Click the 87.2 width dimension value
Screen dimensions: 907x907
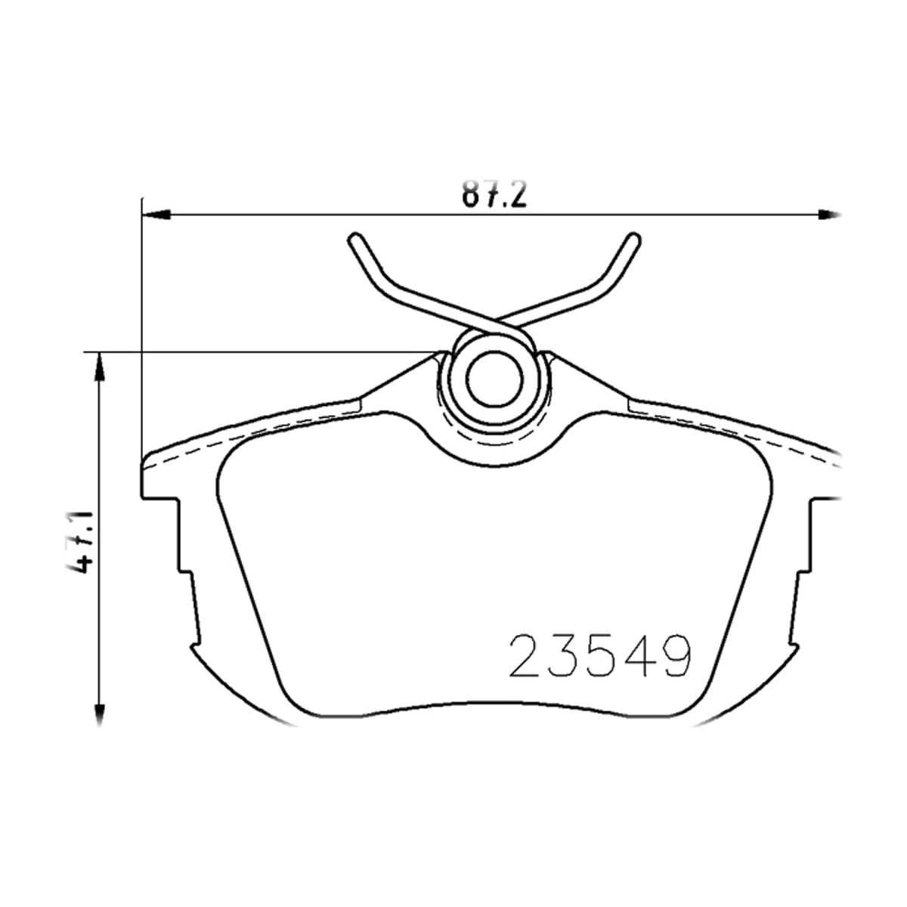tap(494, 193)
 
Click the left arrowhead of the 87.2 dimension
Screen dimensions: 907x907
tap(156, 215)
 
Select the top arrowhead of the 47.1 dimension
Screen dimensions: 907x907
tap(99, 365)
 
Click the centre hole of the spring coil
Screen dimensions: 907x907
tap(494, 382)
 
